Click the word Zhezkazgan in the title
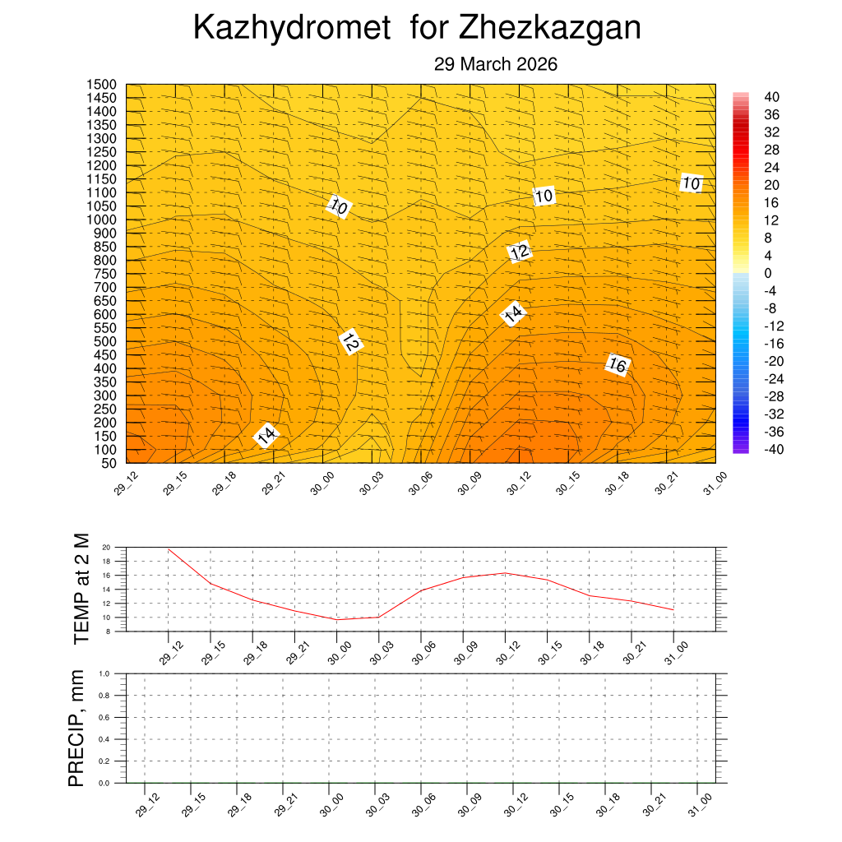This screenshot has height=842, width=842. pyautogui.click(x=550, y=29)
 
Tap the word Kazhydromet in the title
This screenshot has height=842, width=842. pyautogui.click(x=292, y=29)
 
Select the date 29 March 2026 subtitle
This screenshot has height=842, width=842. pyautogui.click(x=496, y=65)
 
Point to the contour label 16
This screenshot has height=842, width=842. pyautogui.click(x=618, y=364)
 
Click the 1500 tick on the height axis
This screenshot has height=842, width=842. pyautogui.click(x=102, y=85)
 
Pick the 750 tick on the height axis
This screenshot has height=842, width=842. pyautogui.click(x=105, y=274)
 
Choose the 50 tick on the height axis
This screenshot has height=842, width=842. pyautogui.click(x=109, y=463)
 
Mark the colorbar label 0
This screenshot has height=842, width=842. pyautogui.click(x=768, y=273)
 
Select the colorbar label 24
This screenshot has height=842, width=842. pyautogui.click(x=771, y=168)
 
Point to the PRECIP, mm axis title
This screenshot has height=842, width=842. pyautogui.click(x=76, y=728)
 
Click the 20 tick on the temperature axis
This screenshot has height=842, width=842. pyautogui.click(x=106, y=547)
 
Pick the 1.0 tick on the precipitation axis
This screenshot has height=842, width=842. pyautogui.click(x=104, y=673)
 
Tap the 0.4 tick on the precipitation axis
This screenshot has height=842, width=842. pyautogui.click(x=104, y=739)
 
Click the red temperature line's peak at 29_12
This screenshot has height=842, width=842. pyautogui.click(x=169, y=548)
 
